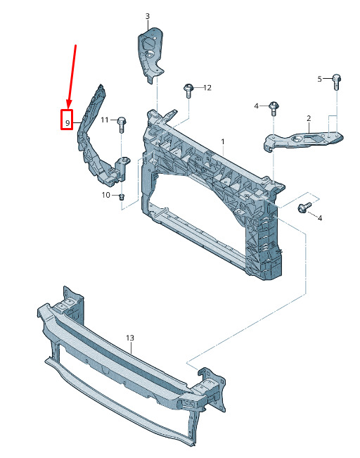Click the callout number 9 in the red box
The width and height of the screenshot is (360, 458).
pos(67,123)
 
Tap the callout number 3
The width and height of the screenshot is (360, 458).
pos(148,16)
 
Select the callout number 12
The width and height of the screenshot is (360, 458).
pos(207,88)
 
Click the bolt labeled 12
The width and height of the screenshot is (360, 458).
pos(188,91)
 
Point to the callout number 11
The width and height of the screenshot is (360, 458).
pos(105,120)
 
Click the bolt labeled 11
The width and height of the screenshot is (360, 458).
pos(122,125)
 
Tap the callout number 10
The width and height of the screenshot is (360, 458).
pos(105,195)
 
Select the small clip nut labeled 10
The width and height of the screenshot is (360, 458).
pos(122,196)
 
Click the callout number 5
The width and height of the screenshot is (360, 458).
pos(320,79)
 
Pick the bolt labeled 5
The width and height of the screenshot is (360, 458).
pos(336,82)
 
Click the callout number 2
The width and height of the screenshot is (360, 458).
pos(309,118)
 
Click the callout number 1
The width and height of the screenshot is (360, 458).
pos(223,141)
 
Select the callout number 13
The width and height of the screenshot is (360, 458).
pos(130,338)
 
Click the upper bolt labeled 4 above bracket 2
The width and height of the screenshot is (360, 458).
pos(274,108)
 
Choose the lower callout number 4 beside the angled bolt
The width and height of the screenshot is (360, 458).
pos(320,218)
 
